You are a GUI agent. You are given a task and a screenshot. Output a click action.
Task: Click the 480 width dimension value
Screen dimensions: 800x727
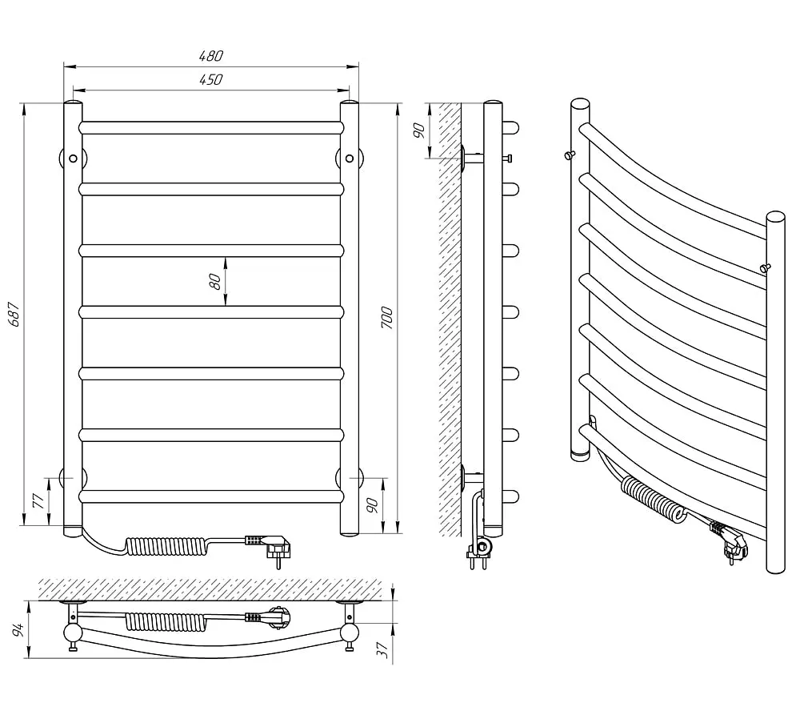click(x=211, y=56)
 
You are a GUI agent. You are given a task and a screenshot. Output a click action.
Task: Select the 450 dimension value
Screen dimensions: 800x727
click(x=211, y=79)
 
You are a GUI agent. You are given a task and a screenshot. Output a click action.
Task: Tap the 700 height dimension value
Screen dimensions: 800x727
click(x=388, y=318)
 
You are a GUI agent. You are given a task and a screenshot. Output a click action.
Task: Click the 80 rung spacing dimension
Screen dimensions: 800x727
click(x=215, y=281)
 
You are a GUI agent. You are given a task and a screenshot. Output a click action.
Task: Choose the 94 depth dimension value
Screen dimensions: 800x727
click(x=18, y=629)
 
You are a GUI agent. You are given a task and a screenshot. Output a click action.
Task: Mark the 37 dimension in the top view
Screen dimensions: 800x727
click(x=383, y=649)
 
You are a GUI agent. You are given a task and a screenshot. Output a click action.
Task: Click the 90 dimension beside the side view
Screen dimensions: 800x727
click(x=419, y=131)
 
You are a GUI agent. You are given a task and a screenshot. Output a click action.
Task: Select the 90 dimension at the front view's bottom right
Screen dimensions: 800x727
click(x=373, y=505)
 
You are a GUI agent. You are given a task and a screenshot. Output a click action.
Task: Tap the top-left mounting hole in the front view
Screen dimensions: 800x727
click(x=73, y=159)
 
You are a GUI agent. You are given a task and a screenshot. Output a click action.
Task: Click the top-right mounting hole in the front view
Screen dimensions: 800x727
click(x=350, y=159)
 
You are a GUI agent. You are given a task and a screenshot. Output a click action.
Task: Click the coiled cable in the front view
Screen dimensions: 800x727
click(x=167, y=548)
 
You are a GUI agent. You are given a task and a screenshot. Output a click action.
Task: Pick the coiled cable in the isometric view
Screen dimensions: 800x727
click(x=654, y=501)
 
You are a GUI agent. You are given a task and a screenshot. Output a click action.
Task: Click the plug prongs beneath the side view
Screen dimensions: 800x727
click(x=477, y=561)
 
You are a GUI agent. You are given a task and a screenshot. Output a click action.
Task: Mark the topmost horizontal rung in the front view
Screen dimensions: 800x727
click(x=211, y=127)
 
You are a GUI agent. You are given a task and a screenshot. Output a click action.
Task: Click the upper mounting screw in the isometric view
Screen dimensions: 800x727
click(x=570, y=155)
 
